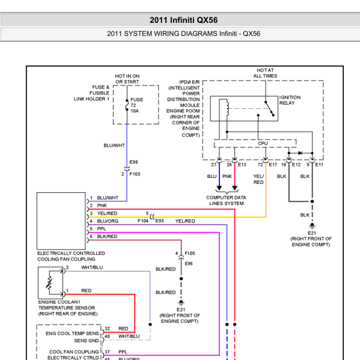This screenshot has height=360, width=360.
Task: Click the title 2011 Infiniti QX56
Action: coord(184,20)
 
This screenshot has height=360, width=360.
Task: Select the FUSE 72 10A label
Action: coord(136,105)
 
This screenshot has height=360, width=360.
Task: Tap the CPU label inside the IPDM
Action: coord(263,143)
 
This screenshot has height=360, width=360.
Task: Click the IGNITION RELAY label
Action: coord(290,100)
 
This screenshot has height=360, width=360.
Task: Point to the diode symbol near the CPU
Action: coord(300,153)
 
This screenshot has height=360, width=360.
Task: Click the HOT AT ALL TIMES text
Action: coord(265,73)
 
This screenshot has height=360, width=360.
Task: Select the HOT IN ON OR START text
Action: coord(127,79)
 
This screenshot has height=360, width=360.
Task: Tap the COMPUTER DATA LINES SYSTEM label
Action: coord(226,200)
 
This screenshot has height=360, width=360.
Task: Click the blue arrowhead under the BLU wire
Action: coord(219,188)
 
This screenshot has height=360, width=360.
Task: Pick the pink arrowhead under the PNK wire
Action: coord(234,188)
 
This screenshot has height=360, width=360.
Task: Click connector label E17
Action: coord(273,165)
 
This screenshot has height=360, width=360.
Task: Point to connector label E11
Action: coord(319,165)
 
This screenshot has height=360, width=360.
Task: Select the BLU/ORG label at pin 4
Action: coord(108,221)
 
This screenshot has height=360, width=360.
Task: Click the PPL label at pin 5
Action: coord(102,228)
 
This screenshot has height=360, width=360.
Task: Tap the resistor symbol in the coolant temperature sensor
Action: coord(49,282)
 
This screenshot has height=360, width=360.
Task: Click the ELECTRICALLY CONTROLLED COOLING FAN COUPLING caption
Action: coord(71,256)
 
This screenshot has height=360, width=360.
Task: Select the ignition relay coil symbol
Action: coord(228,108)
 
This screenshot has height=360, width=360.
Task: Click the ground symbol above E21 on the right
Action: coord(312,226)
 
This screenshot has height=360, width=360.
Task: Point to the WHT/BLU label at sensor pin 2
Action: coord(92,267)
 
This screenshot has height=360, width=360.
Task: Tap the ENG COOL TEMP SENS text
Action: coord(72,334)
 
